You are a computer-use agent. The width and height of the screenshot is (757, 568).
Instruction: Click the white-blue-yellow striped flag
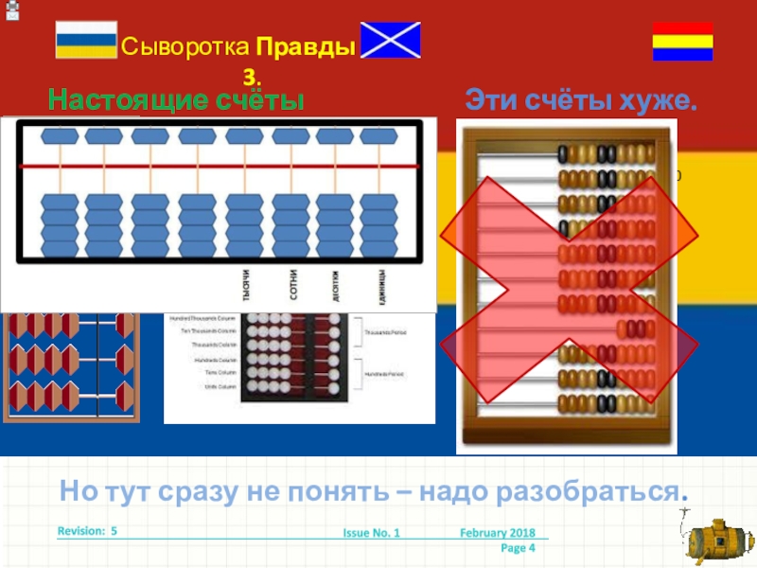tap(86, 40)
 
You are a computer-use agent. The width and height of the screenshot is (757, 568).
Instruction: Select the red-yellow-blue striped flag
tap(682, 41)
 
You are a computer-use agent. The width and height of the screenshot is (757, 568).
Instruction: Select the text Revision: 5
tap(87, 532)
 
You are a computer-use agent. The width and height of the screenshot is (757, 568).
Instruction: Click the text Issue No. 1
tap(371, 534)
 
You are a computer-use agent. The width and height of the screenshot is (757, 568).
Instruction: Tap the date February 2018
tap(497, 534)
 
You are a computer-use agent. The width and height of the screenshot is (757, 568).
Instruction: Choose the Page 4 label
tap(518, 548)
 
